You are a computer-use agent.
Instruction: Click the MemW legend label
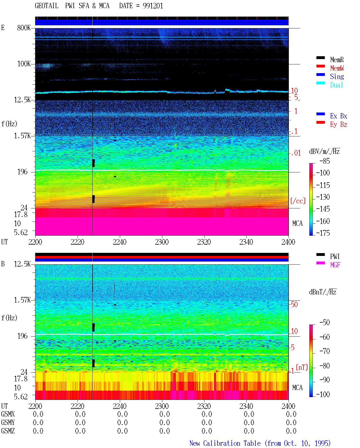click(337, 68)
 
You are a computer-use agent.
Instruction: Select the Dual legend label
click(336, 85)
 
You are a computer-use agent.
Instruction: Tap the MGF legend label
click(335, 265)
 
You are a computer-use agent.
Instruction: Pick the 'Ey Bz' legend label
click(338, 124)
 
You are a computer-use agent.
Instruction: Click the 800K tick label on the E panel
click(24, 28)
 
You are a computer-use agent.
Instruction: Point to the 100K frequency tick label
click(24, 64)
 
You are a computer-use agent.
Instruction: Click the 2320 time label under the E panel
click(204, 242)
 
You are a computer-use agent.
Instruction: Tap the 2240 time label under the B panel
click(120, 406)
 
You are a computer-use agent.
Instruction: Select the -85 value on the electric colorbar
click(325, 161)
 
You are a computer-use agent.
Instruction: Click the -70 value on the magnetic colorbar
click(325, 351)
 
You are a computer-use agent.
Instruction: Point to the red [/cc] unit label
click(298, 201)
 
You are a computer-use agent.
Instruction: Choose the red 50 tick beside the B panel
click(294, 304)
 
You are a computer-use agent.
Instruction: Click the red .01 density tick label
click(296, 153)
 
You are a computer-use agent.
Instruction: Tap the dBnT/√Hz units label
click(323, 292)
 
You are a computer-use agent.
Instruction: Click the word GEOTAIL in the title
click(47, 6)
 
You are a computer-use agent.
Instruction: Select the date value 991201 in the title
click(153, 6)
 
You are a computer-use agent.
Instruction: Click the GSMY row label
click(8, 422)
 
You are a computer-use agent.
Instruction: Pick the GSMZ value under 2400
click(291, 431)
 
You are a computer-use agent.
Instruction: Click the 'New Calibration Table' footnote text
click(225, 443)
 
